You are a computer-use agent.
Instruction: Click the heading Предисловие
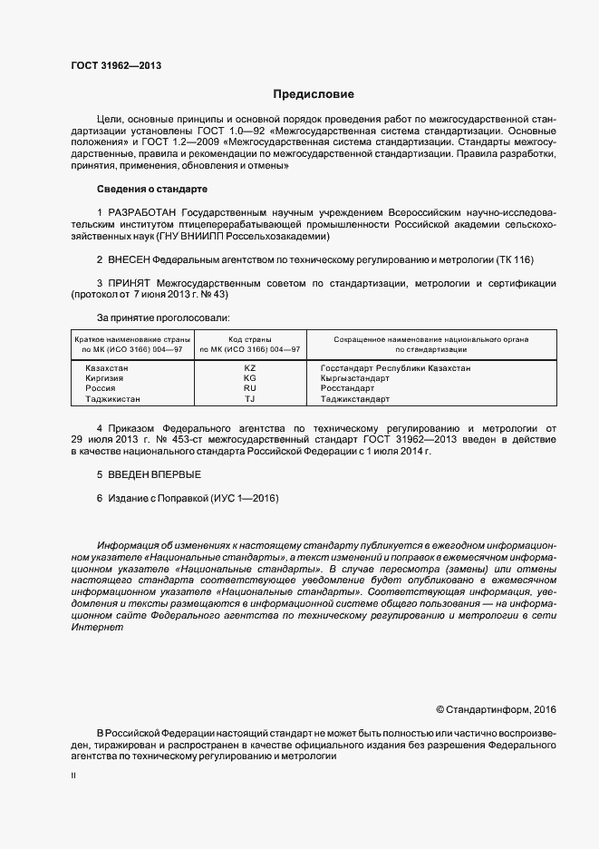(314, 94)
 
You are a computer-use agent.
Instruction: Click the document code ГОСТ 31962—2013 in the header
(116, 66)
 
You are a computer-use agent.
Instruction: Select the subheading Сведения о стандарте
(151, 189)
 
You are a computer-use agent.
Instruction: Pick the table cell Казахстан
(106, 368)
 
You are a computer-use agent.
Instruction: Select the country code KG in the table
(250, 378)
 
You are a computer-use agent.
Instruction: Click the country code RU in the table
(250, 388)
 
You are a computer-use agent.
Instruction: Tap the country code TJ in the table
(250, 399)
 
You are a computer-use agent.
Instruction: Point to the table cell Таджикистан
(112, 399)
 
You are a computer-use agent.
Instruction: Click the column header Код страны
(250, 338)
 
